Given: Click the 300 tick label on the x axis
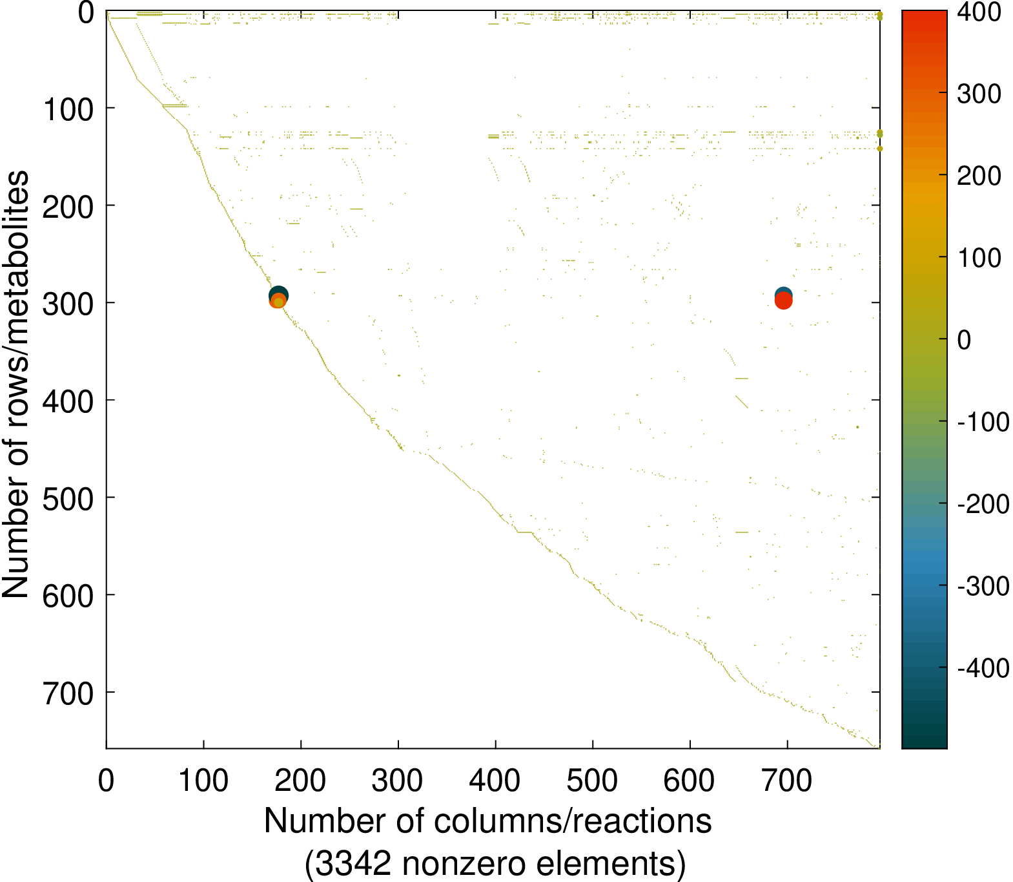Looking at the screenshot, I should click(397, 781).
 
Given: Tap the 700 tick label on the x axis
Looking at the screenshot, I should click(786, 781).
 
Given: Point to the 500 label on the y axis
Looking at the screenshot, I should click(68, 499).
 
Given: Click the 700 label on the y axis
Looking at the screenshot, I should click(68, 694).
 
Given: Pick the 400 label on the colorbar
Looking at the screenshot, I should click(979, 13).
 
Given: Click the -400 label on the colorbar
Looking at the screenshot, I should click(983, 668).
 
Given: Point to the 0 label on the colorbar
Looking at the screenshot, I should click(964, 341).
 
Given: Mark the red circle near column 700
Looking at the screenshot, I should click(783, 301).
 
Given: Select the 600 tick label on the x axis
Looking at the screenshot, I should click(689, 781).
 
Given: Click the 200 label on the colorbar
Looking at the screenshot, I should click(979, 176).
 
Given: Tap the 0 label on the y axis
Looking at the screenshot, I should click(86, 13).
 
